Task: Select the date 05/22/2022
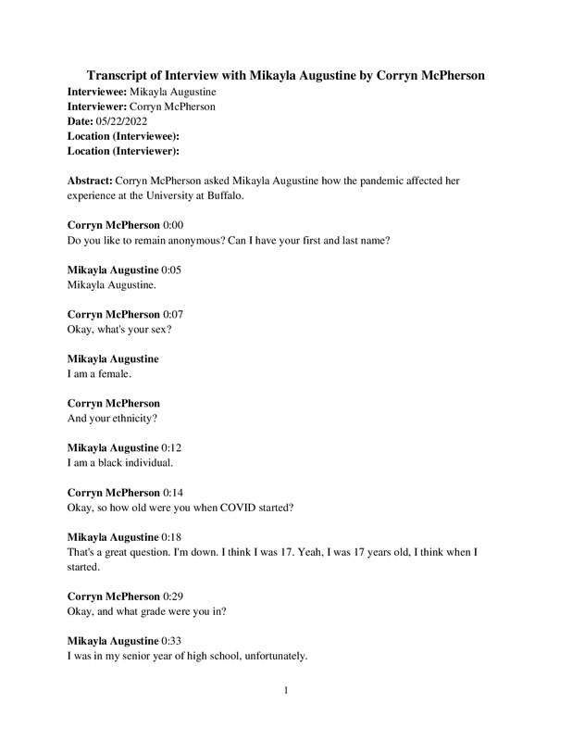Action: (121, 121)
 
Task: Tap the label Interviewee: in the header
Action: (97, 92)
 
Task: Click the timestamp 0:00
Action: (174, 225)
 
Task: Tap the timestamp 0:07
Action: (174, 314)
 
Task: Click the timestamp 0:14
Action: (174, 492)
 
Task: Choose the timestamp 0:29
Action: (174, 596)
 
